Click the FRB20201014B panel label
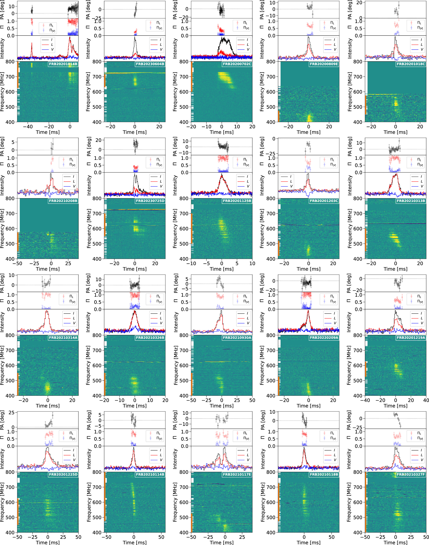63,64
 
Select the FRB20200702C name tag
237,64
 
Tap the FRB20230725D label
150,201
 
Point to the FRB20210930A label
237,338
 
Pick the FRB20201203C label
324,201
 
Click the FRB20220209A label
324,338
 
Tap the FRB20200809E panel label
324,64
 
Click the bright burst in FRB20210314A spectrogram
47,387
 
